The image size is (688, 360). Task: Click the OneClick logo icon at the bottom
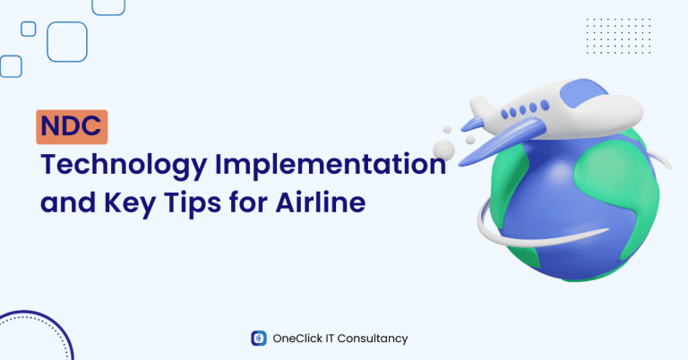click(x=258, y=339)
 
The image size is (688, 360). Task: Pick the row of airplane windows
click(x=524, y=111)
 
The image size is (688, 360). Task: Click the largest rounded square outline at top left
click(x=67, y=41)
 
